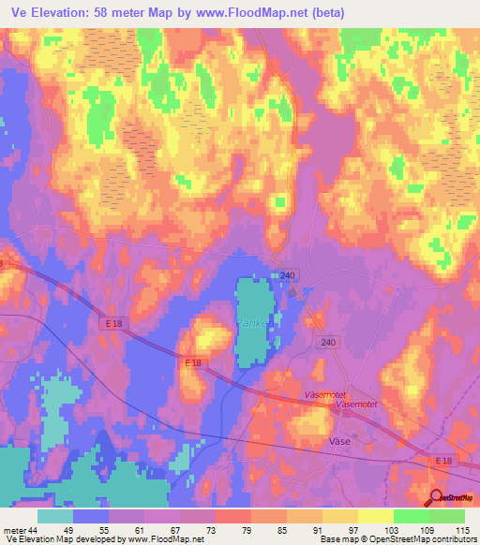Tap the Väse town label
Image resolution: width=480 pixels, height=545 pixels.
pyautogui.click(x=339, y=440)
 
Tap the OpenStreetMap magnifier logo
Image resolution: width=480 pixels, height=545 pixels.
pyautogui.click(x=436, y=498)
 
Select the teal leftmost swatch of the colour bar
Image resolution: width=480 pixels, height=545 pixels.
pyautogui.click(x=55, y=516)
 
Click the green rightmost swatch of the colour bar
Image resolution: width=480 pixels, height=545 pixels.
pyautogui.click(x=447, y=516)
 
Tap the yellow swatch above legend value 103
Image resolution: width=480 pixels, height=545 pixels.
pyautogui.click(x=376, y=516)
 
